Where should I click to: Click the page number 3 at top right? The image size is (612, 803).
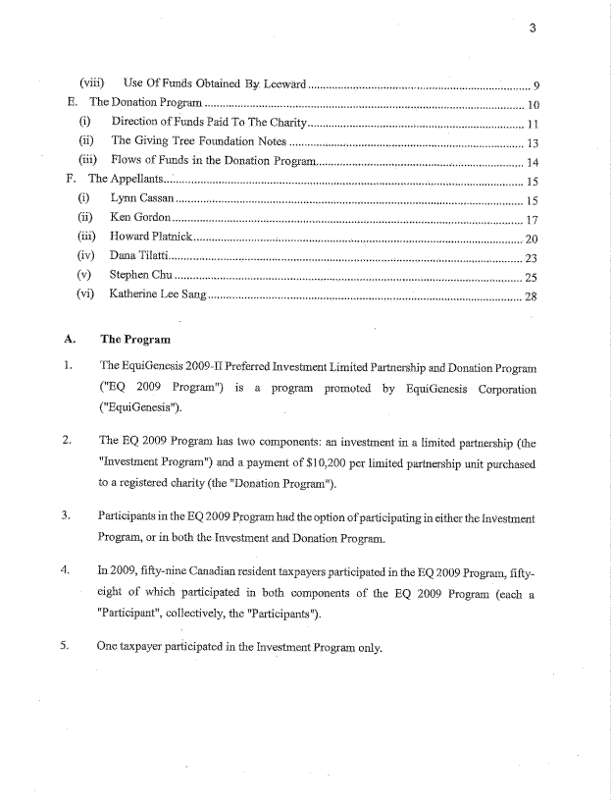[x=531, y=27]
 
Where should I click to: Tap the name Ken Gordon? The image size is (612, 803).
[x=141, y=218]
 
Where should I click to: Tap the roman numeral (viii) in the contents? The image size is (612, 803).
[x=92, y=83]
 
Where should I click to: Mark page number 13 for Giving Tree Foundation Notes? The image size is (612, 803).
[x=534, y=142]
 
